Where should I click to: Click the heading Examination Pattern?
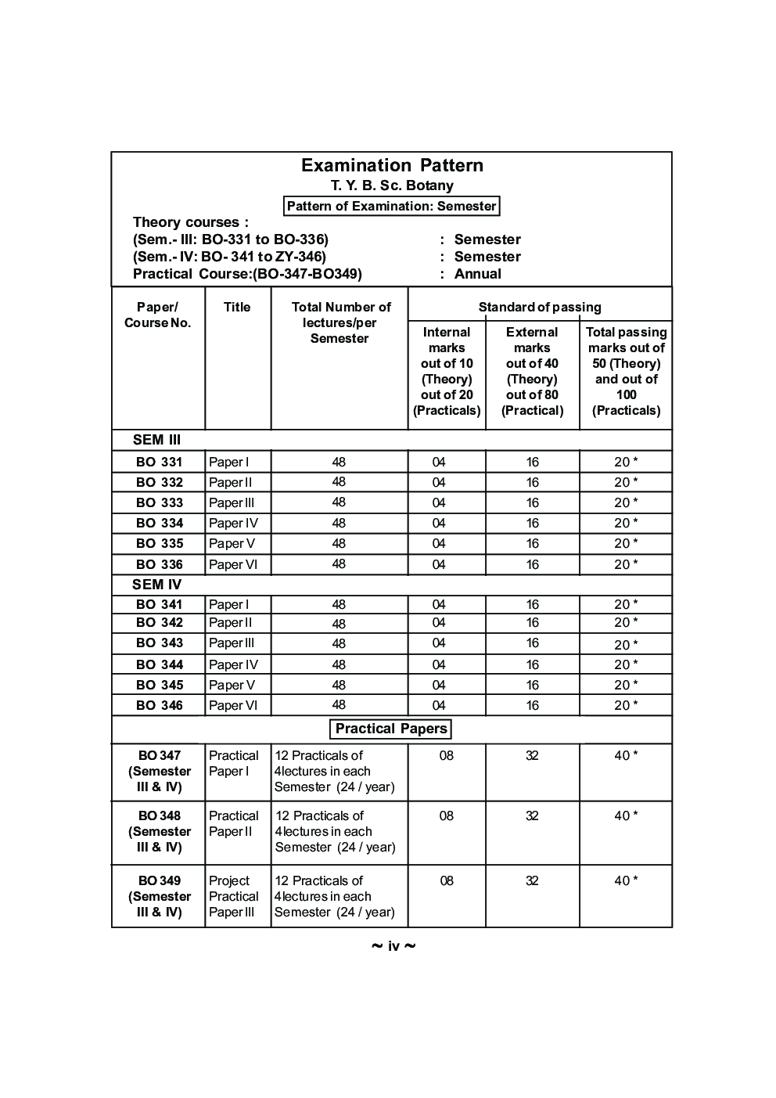click(x=392, y=165)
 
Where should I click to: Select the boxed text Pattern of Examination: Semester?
click(x=391, y=206)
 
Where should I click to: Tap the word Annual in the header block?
click(x=477, y=274)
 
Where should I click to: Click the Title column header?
click(x=237, y=307)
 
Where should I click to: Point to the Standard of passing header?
click(x=540, y=307)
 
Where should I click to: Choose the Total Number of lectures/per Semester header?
click(x=340, y=322)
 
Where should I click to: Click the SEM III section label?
click(x=156, y=440)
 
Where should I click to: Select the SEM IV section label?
click(x=156, y=585)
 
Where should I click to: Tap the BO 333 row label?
click(x=160, y=502)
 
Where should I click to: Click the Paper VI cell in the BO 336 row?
click(x=233, y=564)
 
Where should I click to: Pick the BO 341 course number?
click(x=160, y=604)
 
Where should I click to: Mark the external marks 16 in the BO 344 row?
click(x=533, y=664)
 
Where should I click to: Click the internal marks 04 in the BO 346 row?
click(x=439, y=705)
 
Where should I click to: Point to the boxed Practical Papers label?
click(x=391, y=729)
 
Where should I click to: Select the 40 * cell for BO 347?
click(x=626, y=755)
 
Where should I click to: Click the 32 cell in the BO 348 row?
click(x=533, y=815)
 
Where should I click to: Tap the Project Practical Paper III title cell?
click(x=233, y=896)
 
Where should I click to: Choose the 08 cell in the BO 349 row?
click(x=447, y=880)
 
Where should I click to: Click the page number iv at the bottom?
click(x=393, y=947)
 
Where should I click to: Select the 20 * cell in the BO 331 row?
click(x=626, y=462)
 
